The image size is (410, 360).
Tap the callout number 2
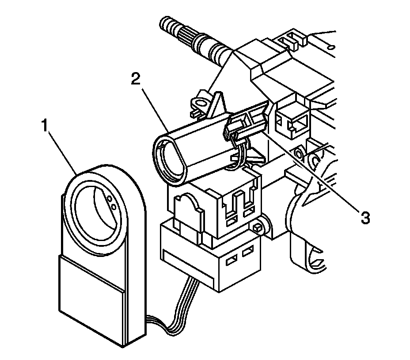(136, 79)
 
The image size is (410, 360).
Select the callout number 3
(365, 218)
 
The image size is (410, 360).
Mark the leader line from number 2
(155, 110)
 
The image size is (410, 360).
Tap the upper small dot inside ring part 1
(110, 199)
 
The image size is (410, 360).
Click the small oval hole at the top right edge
(331, 47)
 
